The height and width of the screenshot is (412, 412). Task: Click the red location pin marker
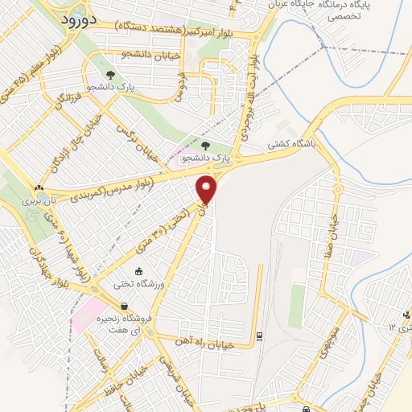207,190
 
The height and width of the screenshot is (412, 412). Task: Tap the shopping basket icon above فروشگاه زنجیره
125,306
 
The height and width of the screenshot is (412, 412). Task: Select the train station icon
258,336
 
